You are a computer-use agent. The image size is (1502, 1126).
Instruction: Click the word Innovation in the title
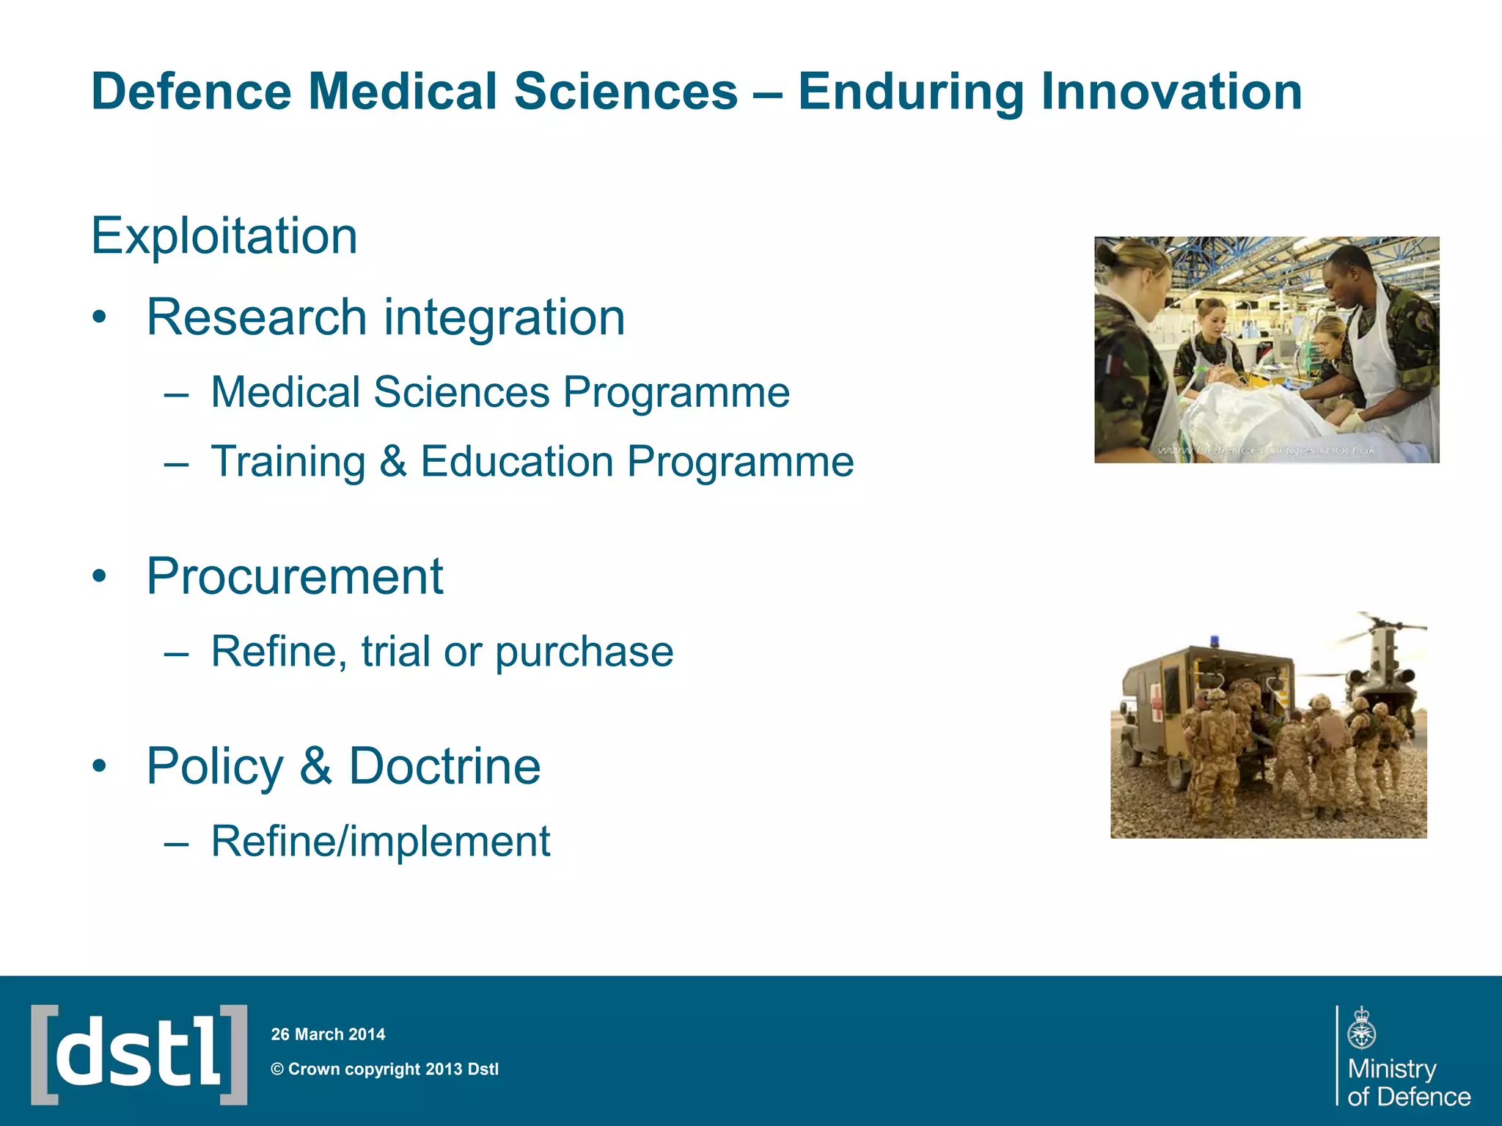[x=1171, y=92]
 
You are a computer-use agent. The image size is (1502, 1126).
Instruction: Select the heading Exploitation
[x=224, y=236]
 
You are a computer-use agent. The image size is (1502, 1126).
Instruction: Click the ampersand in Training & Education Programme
[x=393, y=462]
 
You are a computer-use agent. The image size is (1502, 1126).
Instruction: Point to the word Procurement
[x=294, y=576]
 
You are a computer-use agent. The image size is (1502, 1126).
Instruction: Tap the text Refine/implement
[x=380, y=841]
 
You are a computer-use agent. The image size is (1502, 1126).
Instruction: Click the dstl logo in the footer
[x=139, y=1054]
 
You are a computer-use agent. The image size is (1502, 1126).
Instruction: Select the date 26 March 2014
[x=328, y=1034]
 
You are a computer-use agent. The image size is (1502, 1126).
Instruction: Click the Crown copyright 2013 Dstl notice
[x=385, y=1070]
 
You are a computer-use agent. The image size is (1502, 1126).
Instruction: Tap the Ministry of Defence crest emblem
[x=1361, y=1029]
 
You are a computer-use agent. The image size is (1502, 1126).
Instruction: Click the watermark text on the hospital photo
[x=1266, y=450]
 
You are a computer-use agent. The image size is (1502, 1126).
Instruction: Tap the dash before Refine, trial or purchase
[x=176, y=652]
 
